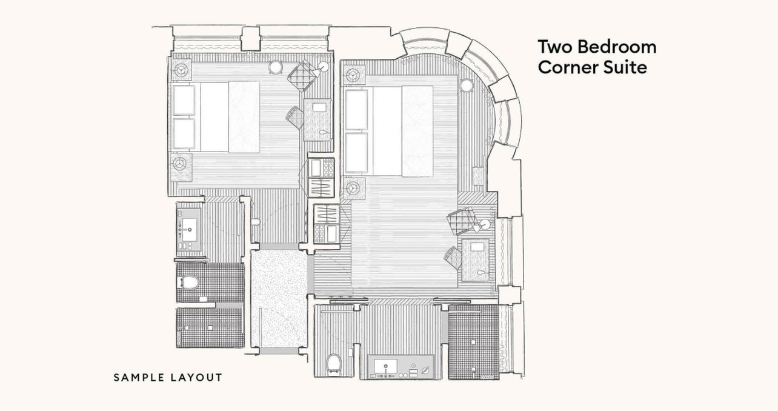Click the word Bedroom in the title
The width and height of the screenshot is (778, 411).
point(617,47)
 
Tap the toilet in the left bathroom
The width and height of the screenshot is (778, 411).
point(188,282)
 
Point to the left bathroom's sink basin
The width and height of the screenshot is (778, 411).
point(189,229)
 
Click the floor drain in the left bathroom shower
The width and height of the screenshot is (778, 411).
point(210,327)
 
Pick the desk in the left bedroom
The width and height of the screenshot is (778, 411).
point(318,119)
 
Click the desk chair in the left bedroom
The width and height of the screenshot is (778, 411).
point(295,117)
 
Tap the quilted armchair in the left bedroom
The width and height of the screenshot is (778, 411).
point(302,75)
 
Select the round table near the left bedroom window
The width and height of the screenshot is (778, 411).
point(276,67)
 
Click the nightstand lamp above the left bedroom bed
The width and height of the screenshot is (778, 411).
point(181,70)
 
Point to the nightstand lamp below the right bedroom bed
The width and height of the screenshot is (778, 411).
point(353,189)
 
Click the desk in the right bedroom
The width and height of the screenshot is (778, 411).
point(476,259)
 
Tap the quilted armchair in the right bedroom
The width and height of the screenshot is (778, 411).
point(462,221)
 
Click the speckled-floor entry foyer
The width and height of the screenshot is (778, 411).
point(279,298)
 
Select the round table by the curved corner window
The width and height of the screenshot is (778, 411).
point(467,85)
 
